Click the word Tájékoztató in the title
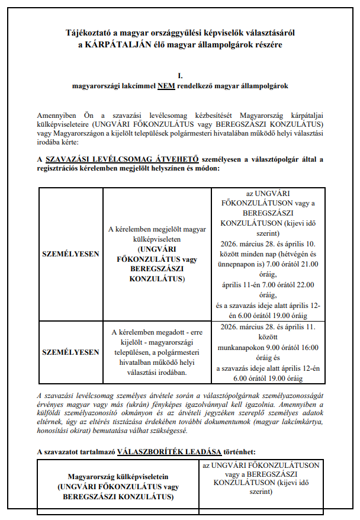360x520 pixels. coord(90,34)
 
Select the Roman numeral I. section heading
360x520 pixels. coord(179,76)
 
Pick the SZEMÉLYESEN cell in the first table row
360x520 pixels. coord(71,253)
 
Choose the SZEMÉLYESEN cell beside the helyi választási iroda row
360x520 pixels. coord(71,352)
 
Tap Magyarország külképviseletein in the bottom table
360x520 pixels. coord(117,476)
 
